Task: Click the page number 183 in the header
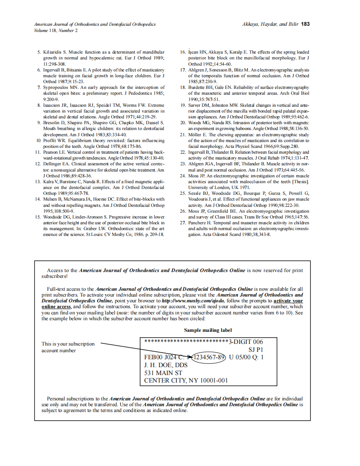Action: point(305,24)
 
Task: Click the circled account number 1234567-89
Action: point(210,357)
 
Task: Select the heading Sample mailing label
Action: point(208,330)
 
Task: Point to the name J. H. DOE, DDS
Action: point(166,365)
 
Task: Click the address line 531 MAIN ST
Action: point(163,373)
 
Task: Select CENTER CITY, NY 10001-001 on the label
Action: point(186,380)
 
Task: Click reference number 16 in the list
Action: point(182,52)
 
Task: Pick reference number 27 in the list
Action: point(182,223)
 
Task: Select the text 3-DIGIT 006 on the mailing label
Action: point(246,342)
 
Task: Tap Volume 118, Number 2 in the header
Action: point(55,31)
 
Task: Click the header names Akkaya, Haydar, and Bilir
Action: point(270,24)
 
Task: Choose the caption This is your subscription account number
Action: point(68,347)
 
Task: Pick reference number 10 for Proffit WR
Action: point(38,140)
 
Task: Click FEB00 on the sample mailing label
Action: point(153,357)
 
